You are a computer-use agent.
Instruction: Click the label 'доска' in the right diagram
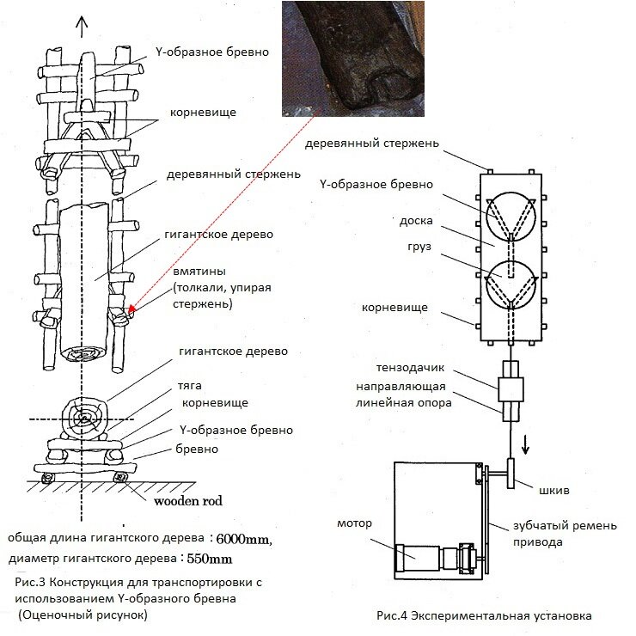pos(401,221)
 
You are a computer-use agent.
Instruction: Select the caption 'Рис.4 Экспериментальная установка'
pos(485,615)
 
